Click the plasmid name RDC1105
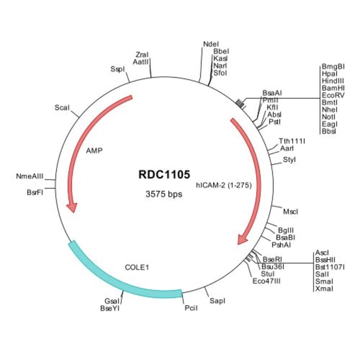[164, 174]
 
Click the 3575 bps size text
[164, 194]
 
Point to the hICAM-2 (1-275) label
[224, 186]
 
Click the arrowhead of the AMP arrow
[71, 207]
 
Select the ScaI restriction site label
[62, 107]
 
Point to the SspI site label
[117, 69]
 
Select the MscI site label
[290, 212]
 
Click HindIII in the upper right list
[332, 81]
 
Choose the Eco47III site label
[266, 281]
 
